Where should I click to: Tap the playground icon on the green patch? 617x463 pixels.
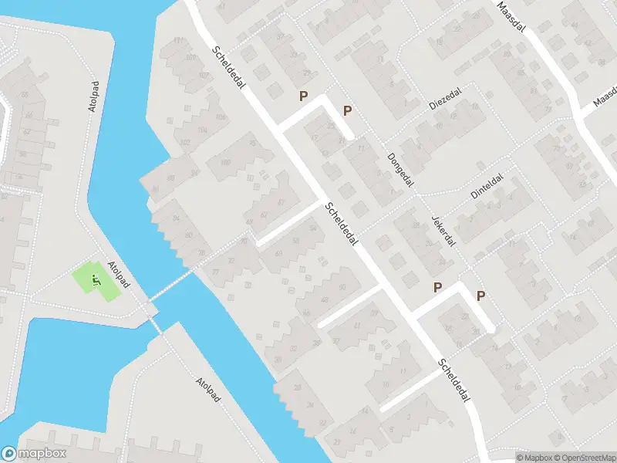[x=97, y=279]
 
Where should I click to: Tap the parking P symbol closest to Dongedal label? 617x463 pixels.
[x=347, y=110]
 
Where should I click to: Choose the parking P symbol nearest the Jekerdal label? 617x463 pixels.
[x=438, y=288]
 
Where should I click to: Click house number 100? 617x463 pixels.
[x=226, y=162]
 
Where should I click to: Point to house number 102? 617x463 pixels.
[x=184, y=143]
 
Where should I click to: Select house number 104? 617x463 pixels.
[x=202, y=130]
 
